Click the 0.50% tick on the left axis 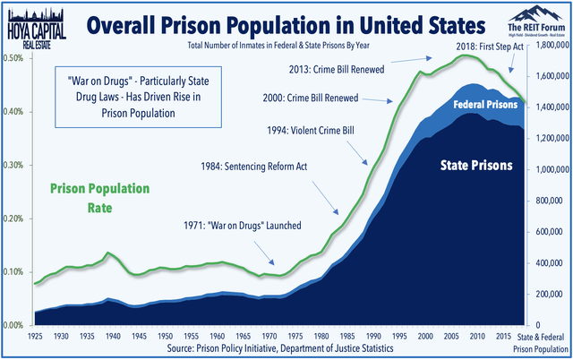click(x=13, y=58)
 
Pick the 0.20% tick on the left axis click(x=13, y=219)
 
